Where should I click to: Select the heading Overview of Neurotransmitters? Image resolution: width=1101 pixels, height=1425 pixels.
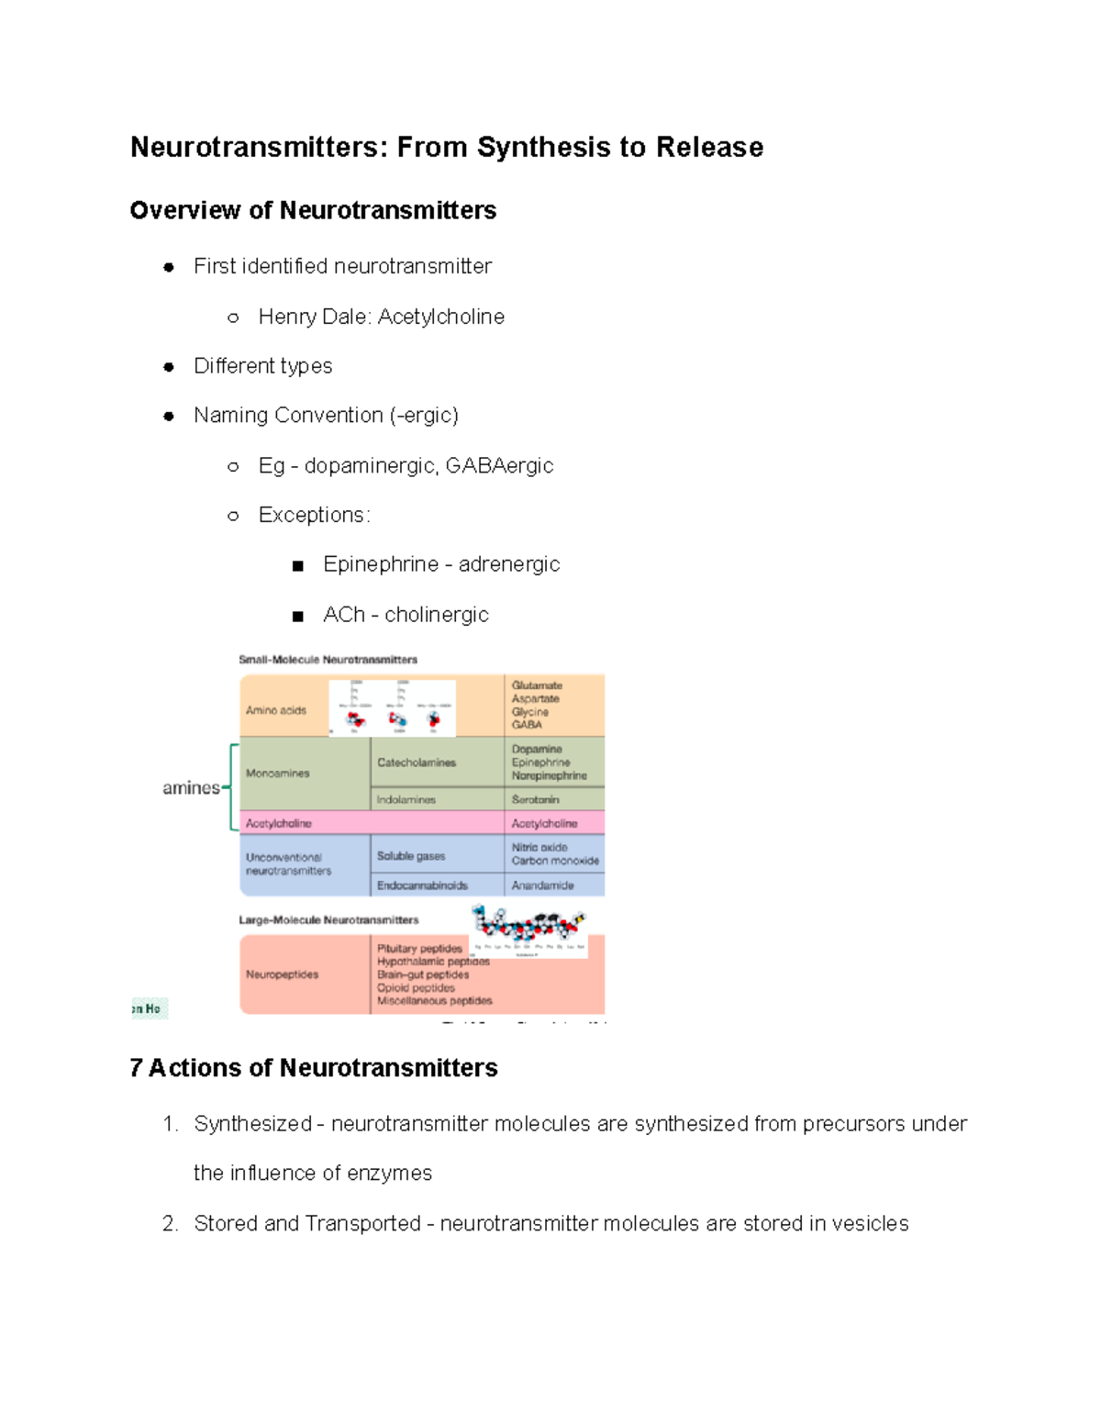(x=313, y=210)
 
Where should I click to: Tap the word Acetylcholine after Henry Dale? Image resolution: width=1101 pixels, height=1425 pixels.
(x=441, y=317)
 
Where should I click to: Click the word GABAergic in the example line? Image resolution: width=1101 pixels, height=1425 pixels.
(x=499, y=465)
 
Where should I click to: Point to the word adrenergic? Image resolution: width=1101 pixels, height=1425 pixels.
(x=509, y=564)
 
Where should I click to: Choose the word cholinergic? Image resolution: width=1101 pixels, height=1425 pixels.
(x=437, y=615)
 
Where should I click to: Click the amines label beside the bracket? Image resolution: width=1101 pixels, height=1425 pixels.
(x=191, y=788)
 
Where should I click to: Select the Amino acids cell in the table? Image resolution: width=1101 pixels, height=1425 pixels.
(x=275, y=710)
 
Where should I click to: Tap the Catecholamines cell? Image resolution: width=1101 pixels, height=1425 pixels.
(x=417, y=763)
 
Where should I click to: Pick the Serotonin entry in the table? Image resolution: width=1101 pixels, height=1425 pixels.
(x=535, y=800)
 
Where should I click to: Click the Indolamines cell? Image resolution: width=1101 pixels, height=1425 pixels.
(x=406, y=800)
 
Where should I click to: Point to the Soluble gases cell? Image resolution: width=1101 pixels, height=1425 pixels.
(x=411, y=856)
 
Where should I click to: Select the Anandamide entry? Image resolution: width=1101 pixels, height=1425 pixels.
(x=543, y=885)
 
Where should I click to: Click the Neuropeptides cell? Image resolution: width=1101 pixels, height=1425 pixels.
(x=282, y=974)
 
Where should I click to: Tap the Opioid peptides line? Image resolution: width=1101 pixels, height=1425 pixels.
(x=416, y=988)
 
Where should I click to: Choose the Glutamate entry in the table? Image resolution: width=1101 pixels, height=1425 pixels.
(x=537, y=685)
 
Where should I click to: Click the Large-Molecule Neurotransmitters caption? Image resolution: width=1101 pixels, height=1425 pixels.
(x=328, y=920)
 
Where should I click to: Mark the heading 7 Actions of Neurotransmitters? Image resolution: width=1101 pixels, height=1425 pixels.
(x=314, y=1068)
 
